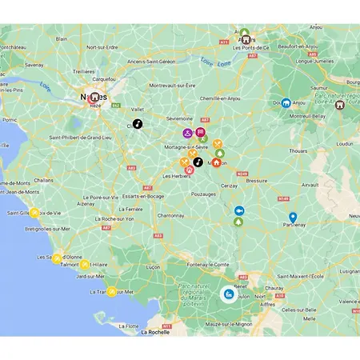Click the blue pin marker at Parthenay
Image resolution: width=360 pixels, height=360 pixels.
[293, 217]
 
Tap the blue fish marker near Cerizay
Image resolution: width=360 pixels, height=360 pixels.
[238, 210]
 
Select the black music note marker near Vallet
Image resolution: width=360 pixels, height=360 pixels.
[137, 124]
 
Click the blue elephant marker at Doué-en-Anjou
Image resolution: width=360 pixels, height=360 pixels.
[286, 102]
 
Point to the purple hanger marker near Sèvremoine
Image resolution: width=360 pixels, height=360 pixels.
[186, 133]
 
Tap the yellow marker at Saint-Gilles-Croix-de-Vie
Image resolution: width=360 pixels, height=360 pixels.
[34, 213]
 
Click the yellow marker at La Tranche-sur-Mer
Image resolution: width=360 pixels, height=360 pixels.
[113, 291]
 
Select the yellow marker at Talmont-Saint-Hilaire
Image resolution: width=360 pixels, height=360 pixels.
[84, 263]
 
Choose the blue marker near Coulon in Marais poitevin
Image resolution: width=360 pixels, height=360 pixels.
[228, 294]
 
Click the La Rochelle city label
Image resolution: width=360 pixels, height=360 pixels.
[154, 331]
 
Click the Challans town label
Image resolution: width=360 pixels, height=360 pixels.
[44, 181]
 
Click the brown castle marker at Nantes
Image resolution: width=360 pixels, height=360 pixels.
[94, 97]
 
